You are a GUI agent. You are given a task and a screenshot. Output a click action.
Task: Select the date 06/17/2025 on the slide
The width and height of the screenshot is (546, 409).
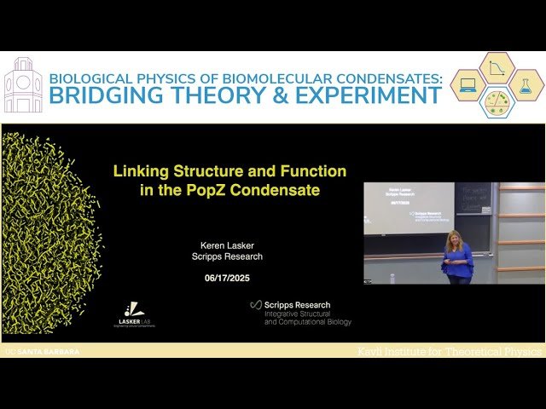(226, 278)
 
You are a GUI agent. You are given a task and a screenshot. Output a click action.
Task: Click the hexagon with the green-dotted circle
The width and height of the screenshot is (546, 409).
(497, 101)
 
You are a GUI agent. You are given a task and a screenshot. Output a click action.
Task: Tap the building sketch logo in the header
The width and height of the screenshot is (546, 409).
(23, 85)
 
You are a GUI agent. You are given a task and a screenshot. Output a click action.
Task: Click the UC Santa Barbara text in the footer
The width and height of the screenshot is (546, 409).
(43, 351)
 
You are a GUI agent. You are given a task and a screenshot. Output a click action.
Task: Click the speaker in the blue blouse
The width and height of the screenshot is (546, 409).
(457, 256)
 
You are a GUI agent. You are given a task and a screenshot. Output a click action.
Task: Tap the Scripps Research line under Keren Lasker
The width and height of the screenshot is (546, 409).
(226, 256)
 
